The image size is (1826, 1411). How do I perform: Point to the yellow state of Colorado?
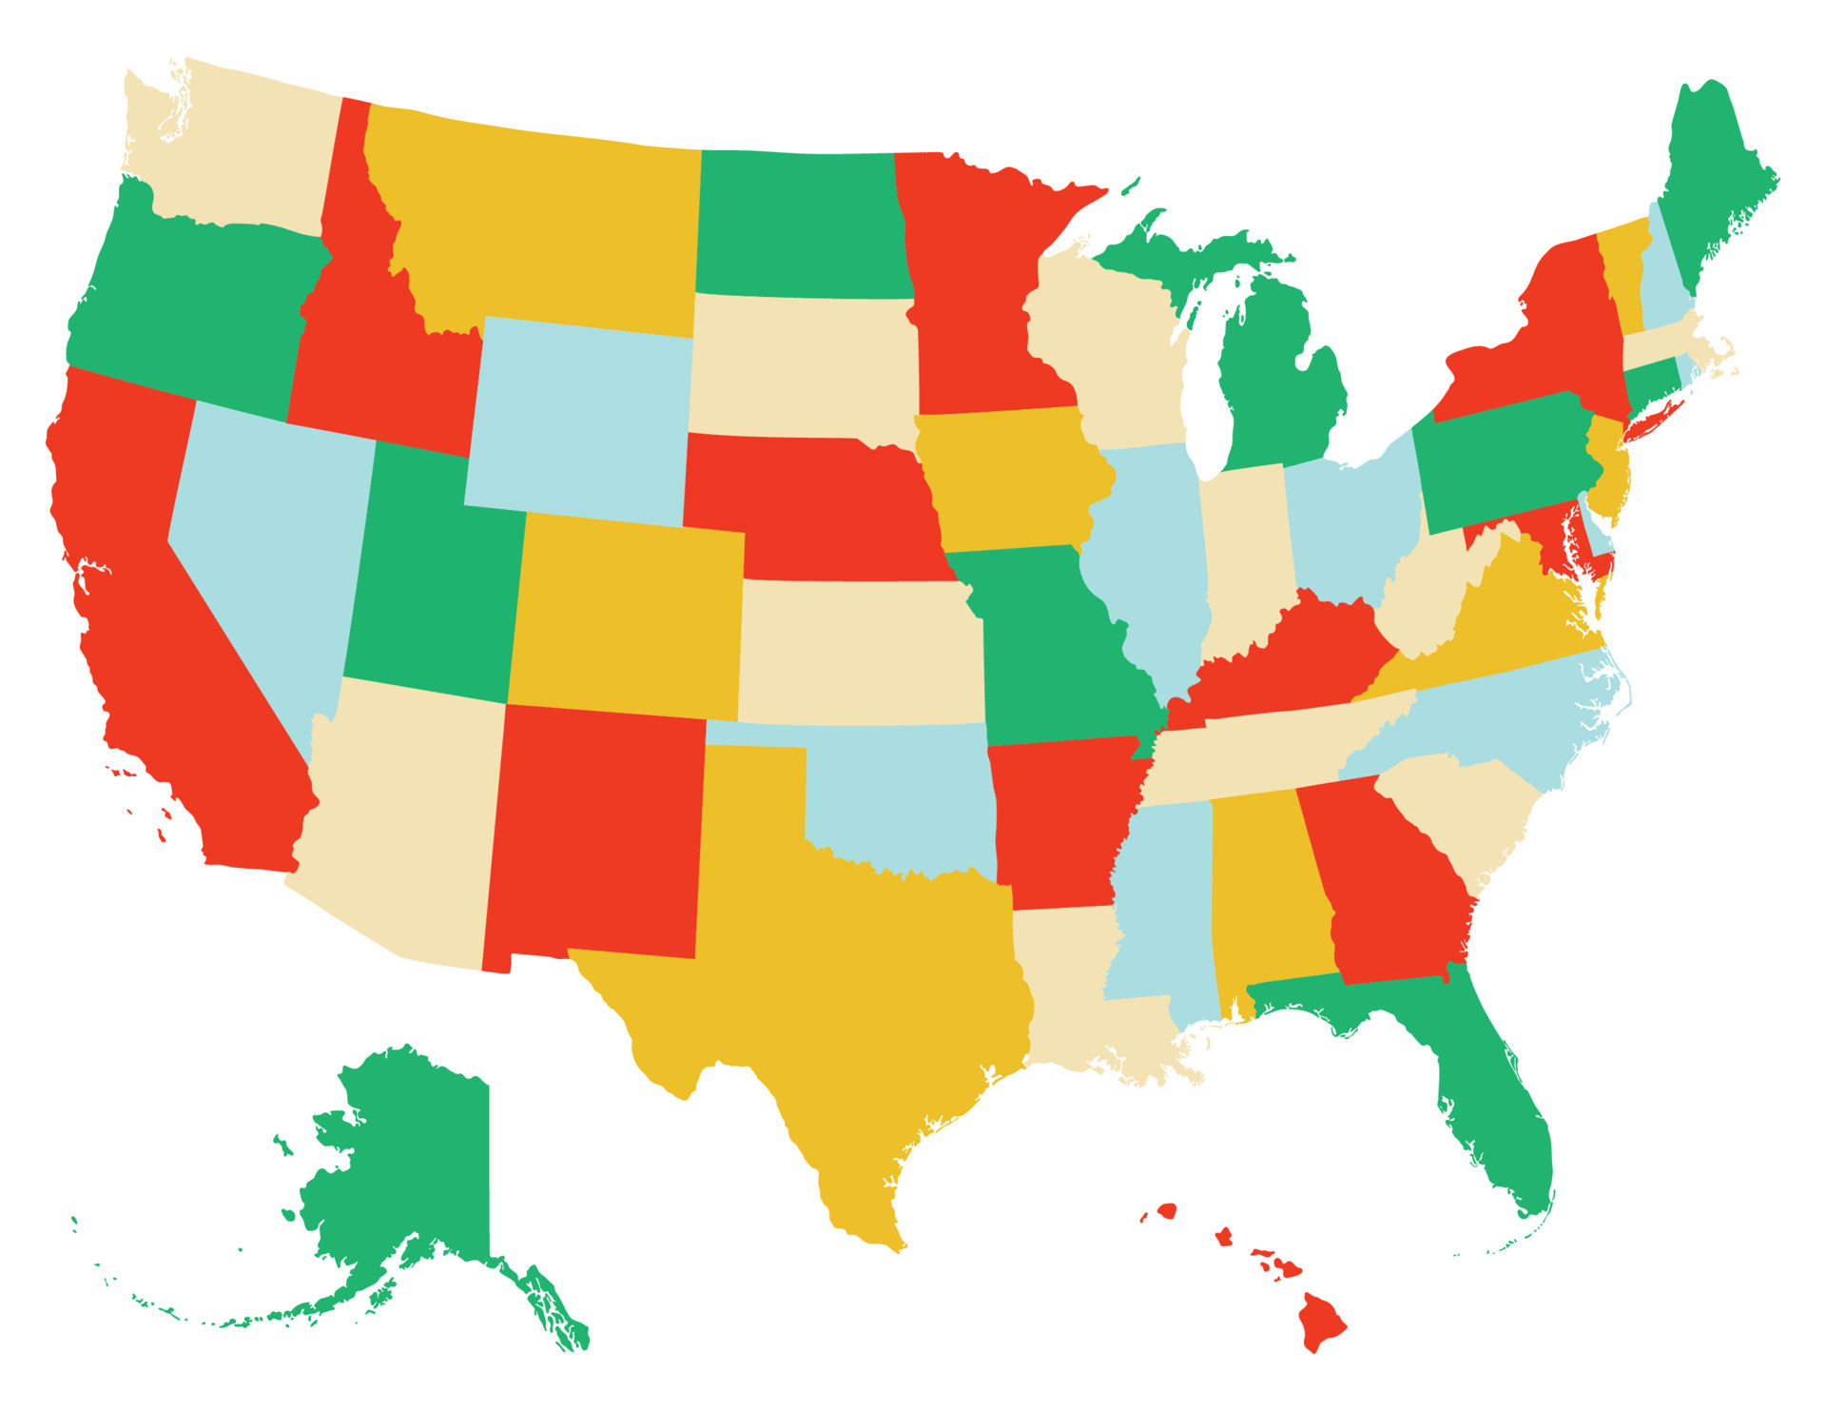click(x=628, y=618)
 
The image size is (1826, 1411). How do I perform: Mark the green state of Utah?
click(x=437, y=580)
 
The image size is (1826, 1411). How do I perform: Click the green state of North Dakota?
click(x=799, y=224)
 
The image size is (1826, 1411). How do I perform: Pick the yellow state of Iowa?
click(x=1008, y=480)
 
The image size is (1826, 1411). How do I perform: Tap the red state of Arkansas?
click(x=1056, y=818)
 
